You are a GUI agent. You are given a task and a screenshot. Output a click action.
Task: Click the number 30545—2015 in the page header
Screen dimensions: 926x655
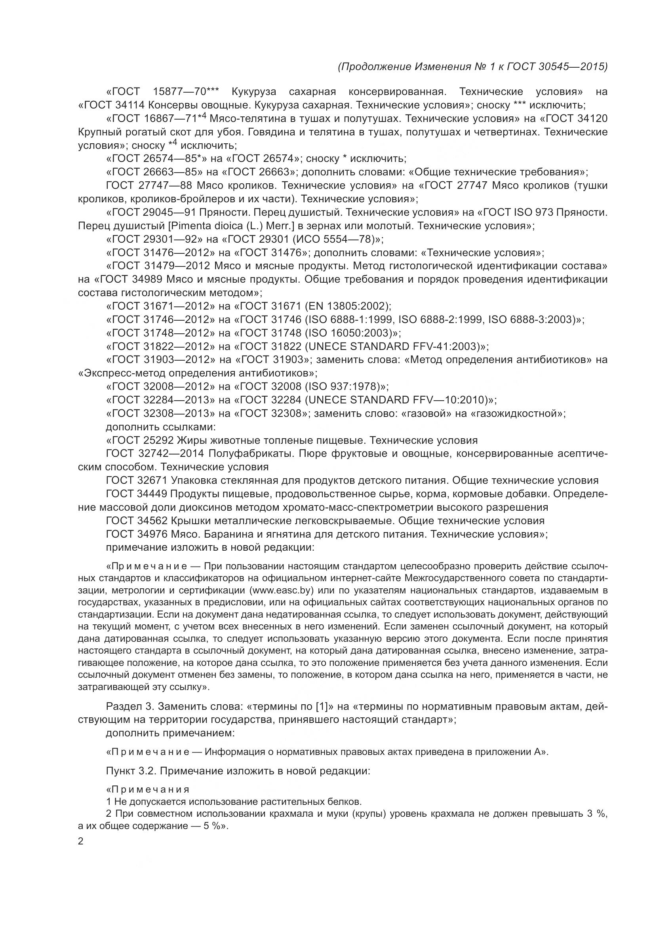[x=572, y=67]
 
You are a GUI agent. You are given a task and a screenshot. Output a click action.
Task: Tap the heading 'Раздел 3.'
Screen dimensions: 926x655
[x=129, y=706]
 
